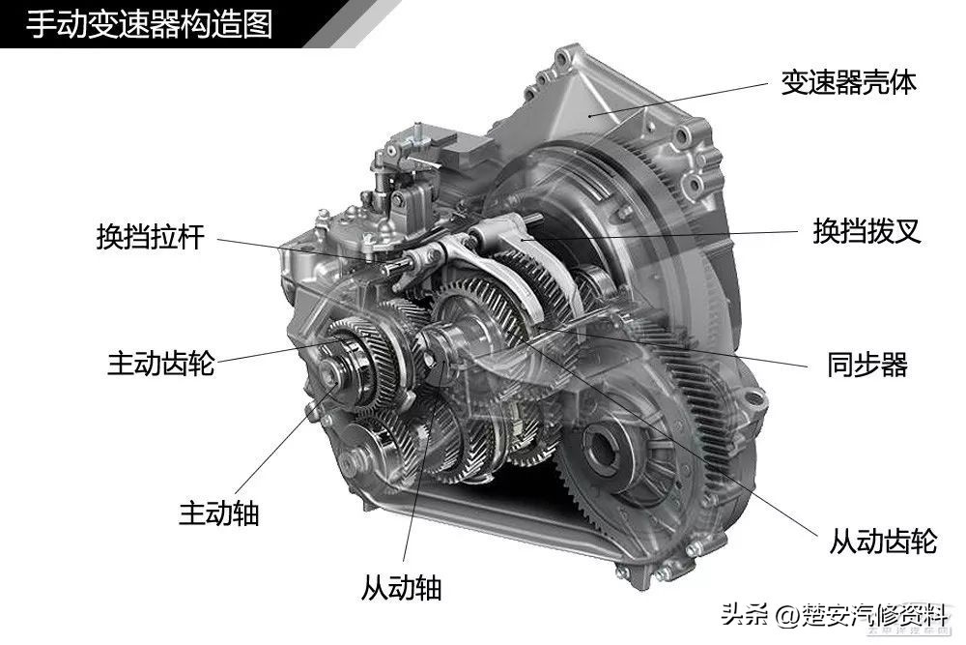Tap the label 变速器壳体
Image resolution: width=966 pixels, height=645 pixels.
tap(848, 82)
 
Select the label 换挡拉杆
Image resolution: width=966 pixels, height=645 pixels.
tap(151, 237)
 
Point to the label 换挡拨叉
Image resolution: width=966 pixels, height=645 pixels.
tap(867, 231)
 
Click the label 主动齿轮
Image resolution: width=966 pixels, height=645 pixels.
tap(160, 364)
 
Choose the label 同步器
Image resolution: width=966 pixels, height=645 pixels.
tap(867, 364)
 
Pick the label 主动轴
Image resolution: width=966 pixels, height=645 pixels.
tap(219, 513)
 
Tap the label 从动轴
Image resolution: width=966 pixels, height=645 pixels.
tap(401, 587)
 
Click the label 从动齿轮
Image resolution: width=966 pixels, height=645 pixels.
tap(883, 541)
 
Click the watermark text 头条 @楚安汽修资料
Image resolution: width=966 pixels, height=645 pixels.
tap(835, 615)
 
